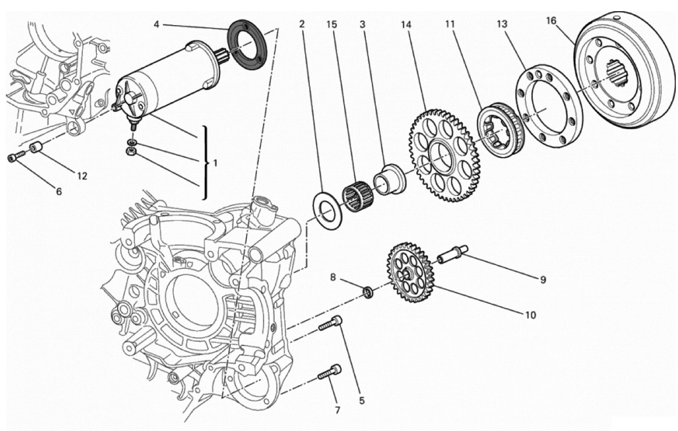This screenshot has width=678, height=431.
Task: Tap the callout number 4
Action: [157, 25]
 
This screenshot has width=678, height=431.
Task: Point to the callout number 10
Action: [530, 315]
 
